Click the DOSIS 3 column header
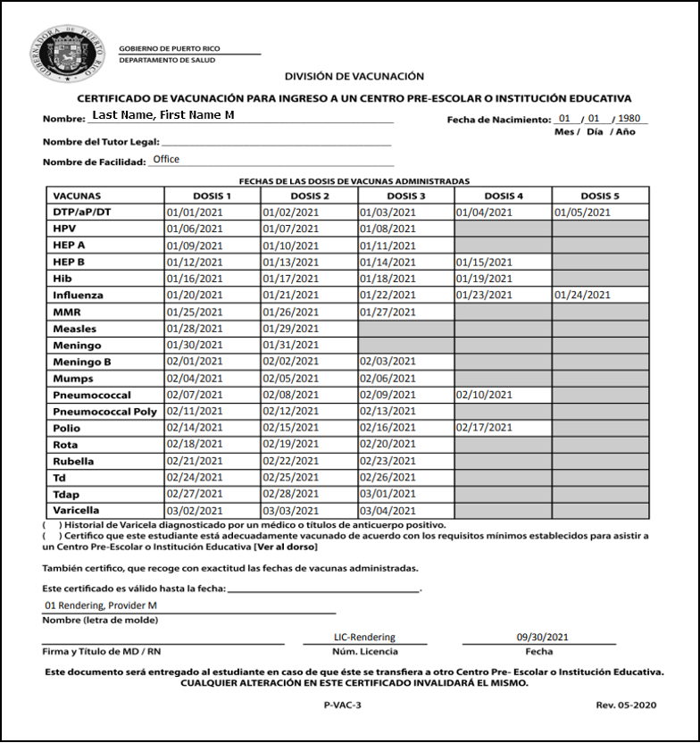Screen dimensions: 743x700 (x=406, y=196)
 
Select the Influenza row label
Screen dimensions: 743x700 (x=78, y=295)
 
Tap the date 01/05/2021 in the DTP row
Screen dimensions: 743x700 (x=582, y=213)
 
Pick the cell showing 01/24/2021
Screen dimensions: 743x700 (x=582, y=295)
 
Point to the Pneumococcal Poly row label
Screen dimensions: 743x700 (x=104, y=412)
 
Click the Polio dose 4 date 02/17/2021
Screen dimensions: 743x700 (x=484, y=429)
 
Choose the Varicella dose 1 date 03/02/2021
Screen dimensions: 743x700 (x=194, y=511)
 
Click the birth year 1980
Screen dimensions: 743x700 (x=629, y=119)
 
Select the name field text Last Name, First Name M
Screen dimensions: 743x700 (x=163, y=115)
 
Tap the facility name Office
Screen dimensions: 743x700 (x=166, y=159)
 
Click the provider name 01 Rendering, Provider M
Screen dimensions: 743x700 (x=100, y=605)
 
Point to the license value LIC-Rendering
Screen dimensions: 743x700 (x=364, y=638)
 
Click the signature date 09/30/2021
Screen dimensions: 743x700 (x=542, y=638)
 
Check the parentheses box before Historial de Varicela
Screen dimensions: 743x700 (x=52, y=524)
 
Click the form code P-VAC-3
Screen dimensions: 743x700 (x=343, y=705)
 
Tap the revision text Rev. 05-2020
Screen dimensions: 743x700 (x=626, y=705)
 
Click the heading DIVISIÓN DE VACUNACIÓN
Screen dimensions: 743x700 (x=354, y=77)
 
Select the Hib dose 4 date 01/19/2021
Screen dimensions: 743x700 (x=484, y=279)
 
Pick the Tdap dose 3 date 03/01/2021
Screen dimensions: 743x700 (x=387, y=495)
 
